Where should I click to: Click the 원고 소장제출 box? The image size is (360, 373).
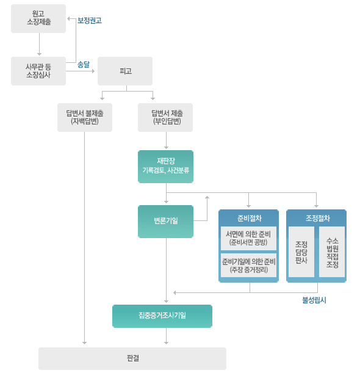click(38, 18)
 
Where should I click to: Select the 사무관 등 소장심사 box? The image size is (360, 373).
click(38, 71)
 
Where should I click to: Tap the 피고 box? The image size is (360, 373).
click(125, 71)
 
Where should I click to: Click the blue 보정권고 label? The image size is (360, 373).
click(90, 21)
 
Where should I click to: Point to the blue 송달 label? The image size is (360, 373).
click(84, 64)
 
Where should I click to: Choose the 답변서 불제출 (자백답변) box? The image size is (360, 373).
click(85, 117)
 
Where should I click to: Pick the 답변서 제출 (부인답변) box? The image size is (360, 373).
click(165, 117)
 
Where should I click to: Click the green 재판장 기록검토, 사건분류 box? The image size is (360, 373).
click(165, 167)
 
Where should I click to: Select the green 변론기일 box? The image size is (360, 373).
click(165, 222)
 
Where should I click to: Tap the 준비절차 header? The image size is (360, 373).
click(249, 218)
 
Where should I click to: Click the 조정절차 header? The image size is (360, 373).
click(317, 218)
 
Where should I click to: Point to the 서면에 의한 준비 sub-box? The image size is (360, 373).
click(249, 238)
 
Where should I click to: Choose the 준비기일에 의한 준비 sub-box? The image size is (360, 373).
click(249, 265)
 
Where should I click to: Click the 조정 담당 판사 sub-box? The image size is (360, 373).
click(301, 252)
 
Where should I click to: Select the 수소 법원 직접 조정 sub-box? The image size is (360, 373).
click(332, 252)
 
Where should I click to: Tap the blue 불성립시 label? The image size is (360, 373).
click(314, 300)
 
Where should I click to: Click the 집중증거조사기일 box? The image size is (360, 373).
click(162, 316)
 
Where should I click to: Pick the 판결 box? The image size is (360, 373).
click(132, 358)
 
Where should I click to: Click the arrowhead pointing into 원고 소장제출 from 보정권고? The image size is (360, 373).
click(68, 18)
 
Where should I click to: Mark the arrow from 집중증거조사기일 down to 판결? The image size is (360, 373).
click(166, 336)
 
